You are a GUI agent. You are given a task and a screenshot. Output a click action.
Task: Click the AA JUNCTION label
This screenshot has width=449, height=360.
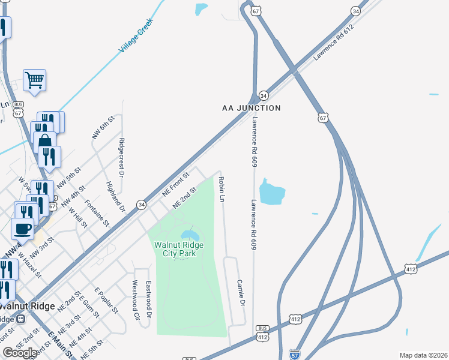251,108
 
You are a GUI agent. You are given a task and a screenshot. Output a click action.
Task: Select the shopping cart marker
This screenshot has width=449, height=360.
35,80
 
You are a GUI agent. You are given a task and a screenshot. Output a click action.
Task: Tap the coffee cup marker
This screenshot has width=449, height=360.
23,229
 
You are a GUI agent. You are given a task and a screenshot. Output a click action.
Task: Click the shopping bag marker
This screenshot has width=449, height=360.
44,143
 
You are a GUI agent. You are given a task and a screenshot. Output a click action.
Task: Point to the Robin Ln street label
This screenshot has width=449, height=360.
221,189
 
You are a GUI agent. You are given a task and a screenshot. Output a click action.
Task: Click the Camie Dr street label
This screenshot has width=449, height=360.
241,293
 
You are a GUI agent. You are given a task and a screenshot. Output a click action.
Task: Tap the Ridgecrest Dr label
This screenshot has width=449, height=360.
121,158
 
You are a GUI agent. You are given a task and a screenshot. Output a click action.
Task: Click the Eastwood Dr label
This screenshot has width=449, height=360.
148,300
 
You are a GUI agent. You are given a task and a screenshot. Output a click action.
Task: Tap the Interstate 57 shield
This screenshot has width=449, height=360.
294,355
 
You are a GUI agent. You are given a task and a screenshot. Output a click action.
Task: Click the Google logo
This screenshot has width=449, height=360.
20,353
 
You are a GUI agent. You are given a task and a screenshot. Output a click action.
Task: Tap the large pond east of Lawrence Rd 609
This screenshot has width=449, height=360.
272,192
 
